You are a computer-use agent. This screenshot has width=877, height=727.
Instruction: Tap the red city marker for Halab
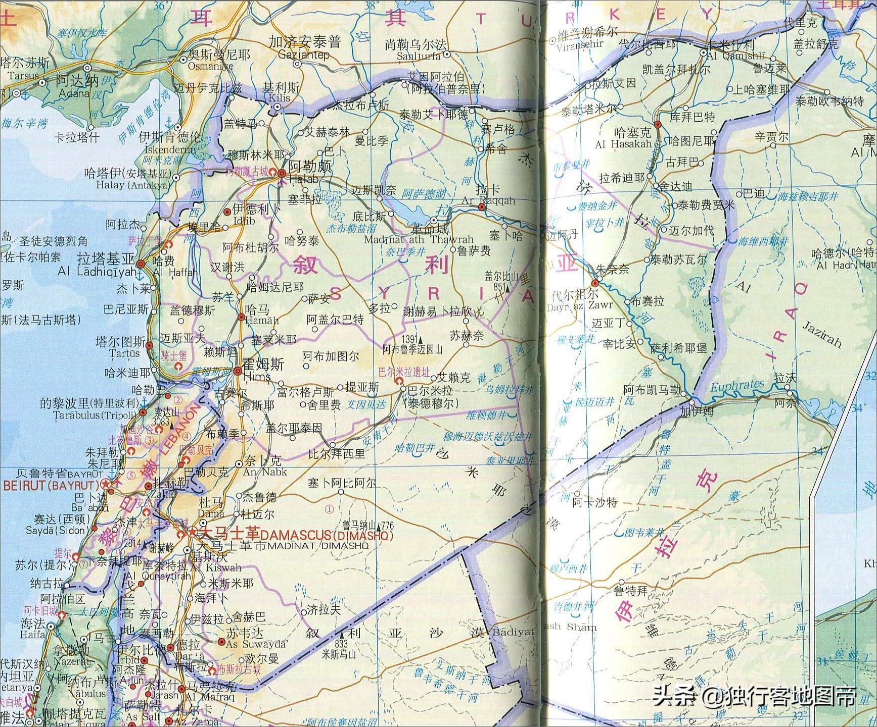point(282,173)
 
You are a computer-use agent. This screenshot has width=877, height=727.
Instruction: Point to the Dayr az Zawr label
point(580,305)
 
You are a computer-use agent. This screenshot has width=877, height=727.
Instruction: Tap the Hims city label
point(257,377)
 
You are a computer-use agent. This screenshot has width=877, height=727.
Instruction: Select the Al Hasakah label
point(623,144)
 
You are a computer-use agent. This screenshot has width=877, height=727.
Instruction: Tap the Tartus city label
point(124,353)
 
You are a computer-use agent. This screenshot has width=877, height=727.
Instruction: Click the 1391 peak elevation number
point(408,339)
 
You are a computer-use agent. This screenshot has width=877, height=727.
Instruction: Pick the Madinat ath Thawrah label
point(418,240)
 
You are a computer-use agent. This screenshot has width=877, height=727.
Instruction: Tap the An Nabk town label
point(264,472)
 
